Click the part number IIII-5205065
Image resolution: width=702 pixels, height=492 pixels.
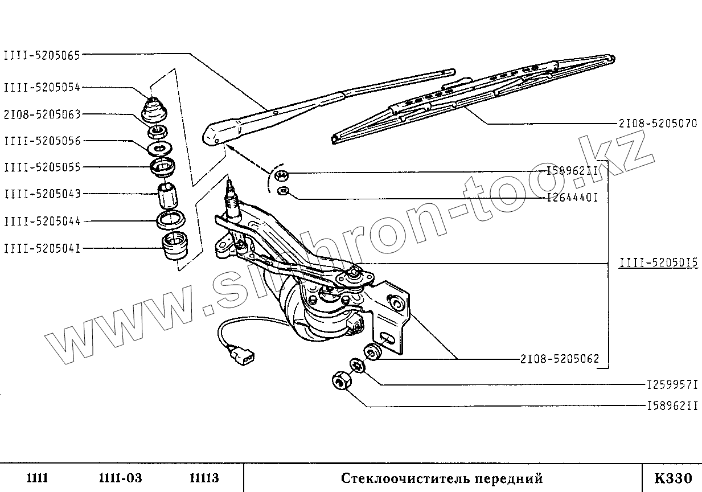point(42,55)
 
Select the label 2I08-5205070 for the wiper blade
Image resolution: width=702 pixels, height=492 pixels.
point(658,123)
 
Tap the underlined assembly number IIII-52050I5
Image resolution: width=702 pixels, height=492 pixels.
point(658,264)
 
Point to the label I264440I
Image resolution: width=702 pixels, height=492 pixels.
point(572,198)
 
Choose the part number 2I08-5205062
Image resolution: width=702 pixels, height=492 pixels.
point(559,359)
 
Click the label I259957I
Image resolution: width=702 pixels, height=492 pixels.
point(672,386)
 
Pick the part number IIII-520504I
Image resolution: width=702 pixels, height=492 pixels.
point(42,248)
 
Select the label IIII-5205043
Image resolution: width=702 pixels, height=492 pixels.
point(42,194)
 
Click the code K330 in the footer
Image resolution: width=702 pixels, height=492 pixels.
point(672,477)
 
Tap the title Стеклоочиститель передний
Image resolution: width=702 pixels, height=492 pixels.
point(442,478)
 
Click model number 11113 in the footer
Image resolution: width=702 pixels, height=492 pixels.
point(203,478)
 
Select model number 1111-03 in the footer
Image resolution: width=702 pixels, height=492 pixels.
point(120,478)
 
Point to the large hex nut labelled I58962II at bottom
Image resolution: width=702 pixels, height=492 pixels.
point(340,380)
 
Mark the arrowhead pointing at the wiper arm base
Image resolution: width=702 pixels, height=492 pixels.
point(229,147)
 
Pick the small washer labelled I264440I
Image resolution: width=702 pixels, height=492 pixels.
point(282,190)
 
